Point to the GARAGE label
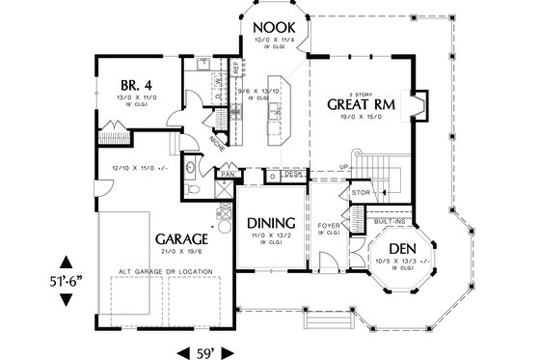tap(179, 238)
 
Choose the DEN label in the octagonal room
tap(396, 249)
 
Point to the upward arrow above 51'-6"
tap(65, 261)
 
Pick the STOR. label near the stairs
tap(361, 193)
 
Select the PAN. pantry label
tap(227, 175)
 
